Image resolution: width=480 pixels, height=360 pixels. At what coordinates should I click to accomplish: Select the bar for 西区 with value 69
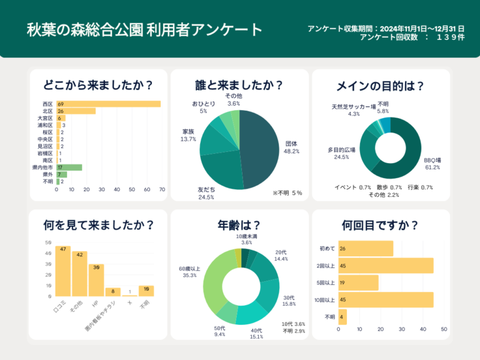pos(108,104)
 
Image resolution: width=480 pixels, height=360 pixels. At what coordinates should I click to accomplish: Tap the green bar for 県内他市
pos(69,167)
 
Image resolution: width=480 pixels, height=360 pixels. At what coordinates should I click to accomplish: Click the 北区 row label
pos(47,111)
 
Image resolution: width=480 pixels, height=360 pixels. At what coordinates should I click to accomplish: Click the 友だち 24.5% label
pos(206,193)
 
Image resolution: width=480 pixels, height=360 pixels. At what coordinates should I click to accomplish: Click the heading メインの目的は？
pos(380,86)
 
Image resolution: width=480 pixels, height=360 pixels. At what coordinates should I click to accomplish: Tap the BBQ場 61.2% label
pos(432,164)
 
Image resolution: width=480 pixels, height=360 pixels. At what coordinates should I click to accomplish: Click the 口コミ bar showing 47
pos(62,271)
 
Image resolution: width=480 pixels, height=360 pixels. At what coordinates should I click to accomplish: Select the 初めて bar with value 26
pos(366,249)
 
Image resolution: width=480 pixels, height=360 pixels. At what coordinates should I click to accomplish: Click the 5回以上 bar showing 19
pos(358,282)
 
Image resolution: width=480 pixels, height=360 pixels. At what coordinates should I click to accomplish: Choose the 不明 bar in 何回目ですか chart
pos(342,317)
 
